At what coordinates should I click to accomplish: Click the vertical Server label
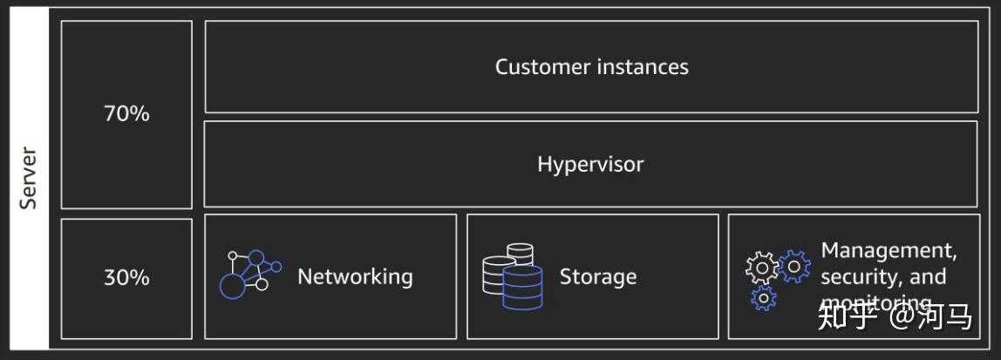click(29, 178)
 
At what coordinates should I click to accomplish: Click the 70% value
click(126, 113)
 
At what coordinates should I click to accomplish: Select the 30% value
click(126, 277)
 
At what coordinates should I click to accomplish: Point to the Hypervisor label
click(590, 164)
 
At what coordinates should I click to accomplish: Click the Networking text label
click(355, 277)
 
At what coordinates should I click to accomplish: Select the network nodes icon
click(249, 275)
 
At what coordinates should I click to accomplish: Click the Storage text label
click(597, 277)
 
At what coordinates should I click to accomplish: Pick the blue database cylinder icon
click(522, 287)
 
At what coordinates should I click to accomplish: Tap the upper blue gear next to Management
click(793, 265)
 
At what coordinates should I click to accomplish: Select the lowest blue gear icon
click(763, 298)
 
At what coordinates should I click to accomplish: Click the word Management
click(889, 251)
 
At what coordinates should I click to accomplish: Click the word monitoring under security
click(868, 302)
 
